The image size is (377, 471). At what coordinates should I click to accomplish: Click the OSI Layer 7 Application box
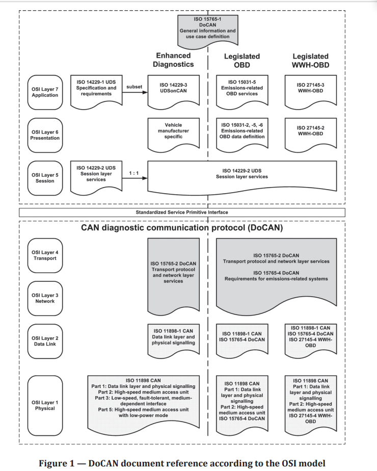45,91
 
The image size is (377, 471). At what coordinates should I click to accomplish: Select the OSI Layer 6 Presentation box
45,134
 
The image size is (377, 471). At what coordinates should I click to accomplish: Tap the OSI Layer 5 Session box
45,176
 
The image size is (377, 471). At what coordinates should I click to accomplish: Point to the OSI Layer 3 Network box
45,298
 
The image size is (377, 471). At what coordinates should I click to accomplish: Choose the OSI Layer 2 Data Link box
45,341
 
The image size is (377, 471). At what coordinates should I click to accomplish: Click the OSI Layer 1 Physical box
45,405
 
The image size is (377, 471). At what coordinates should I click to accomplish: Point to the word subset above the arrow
133,87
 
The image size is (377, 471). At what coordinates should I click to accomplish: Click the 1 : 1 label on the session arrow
134,173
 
